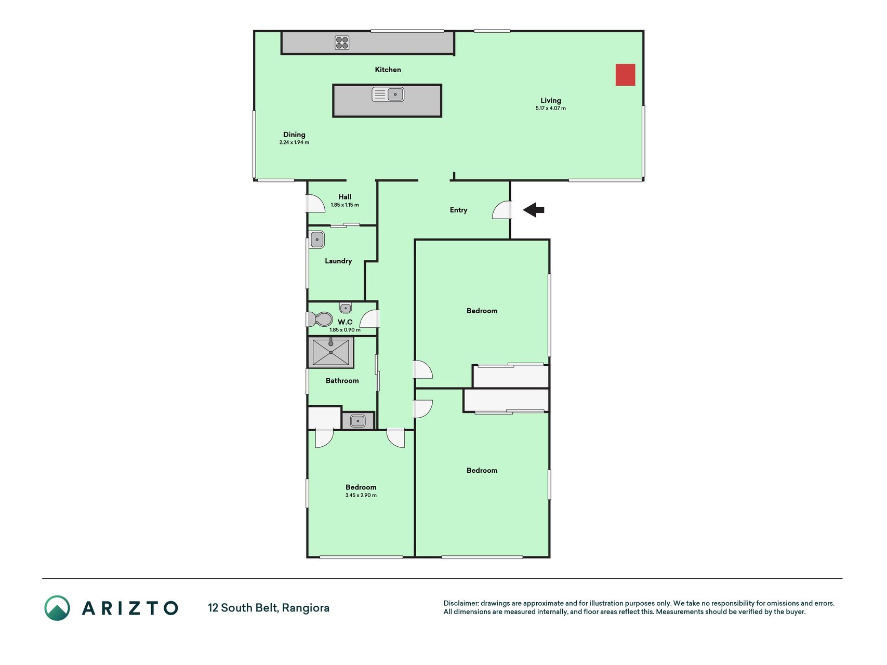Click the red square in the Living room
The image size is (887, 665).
click(x=625, y=75)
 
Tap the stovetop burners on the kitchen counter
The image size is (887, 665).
click(x=342, y=43)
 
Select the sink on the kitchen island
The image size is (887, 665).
click(x=388, y=95)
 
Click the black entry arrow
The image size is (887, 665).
click(x=534, y=210)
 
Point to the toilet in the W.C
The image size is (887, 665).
click(x=320, y=318)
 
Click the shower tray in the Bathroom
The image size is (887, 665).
click(x=331, y=352)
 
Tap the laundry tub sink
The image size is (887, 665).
click(x=317, y=240)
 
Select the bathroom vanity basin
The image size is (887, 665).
click(x=358, y=421)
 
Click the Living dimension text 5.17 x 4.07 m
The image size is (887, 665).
click(x=551, y=109)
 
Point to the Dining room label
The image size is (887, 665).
click(x=294, y=135)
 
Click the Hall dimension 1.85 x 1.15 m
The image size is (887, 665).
click(x=345, y=205)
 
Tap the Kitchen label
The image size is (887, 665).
click(x=388, y=70)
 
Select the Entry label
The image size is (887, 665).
click(x=458, y=210)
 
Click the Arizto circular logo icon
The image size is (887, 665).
click(x=57, y=608)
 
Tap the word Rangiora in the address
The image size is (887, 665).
click(x=306, y=608)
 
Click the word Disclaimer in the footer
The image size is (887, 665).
click(x=460, y=603)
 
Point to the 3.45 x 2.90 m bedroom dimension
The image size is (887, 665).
click(x=361, y=495)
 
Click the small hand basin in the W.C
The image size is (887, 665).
click(x=346, y=308)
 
